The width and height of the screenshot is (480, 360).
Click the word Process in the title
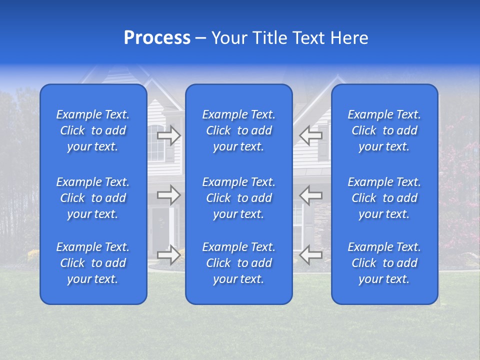pyautogui.click(x=157, y=38)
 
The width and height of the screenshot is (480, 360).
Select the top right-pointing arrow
pyautogui.click(x=169, y=135)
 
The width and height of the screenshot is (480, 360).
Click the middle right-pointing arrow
pyautogui.click(x=169, y=195)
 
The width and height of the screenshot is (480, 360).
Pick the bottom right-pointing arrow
pyautogui.click(x=169, y=255)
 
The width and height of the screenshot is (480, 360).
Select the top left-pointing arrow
pyautogui.click(x=310, y=135)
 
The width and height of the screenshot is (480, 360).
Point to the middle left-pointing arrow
pyautogui.click(x=310, y=195)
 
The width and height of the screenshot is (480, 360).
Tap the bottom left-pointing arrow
pyautogui.click(x=310, y=255)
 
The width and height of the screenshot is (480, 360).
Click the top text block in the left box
pyautogui.click(x=93, y=130)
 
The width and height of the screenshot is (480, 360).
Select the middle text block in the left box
pyautogui.click(x=93, y=198)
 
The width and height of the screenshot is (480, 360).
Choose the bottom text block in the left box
pyautogui.click(x=93, y=263)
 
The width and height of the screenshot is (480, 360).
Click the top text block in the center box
pyautogui.click(x=239, y=130)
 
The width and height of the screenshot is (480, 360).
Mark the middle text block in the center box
pyautogui.click(x=239, y=198)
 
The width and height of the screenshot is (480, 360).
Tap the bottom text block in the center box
pyautogui.click(x=239, y=263)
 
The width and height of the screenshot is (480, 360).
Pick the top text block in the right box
pyautogui.click(x=384, y=130)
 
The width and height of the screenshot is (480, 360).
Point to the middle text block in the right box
pyautogui.click(x=384, y=198)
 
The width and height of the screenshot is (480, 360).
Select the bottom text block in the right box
pyautogui.click(x=384, y=263)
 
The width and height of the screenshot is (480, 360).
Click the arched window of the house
pyautogui.click(x=155, y=142)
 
